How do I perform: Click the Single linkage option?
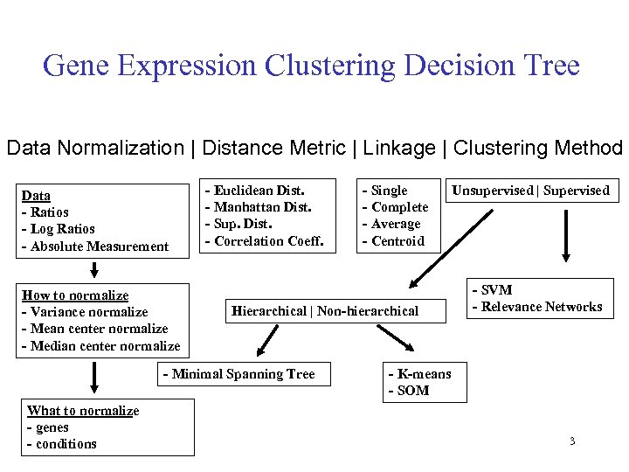pyautogui.click(x=385, y=191)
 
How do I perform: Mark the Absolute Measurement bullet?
pyautogui.click(x=94, y=246)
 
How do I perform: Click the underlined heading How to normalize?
pyautogui.click(x=74, y=295)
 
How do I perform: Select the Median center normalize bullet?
pyautogui.click(x=100, y=346)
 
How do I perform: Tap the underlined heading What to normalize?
pyautogui.click(x=83, y=411)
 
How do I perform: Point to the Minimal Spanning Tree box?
pyautogui.click(x=238, y=374)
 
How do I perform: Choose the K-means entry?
pyautogui.click(x=420, y=374)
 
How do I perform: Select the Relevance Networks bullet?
pyautogui.click(x=537, y=307)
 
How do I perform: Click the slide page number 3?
pyautogui.click(x=572, y=441)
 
